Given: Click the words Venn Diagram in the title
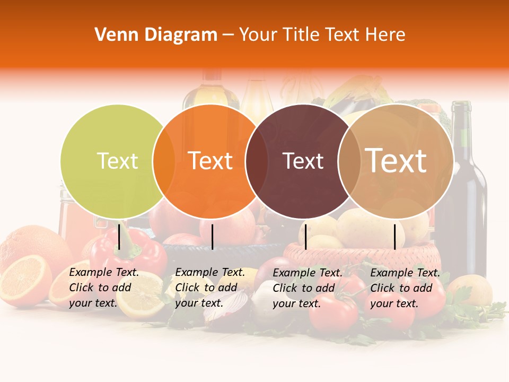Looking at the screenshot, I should pos(156,35).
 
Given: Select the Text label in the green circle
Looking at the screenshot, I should pos(117,161).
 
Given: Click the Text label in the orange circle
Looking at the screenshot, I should pos(210,161).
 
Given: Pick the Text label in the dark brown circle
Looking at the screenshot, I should pos(303,161).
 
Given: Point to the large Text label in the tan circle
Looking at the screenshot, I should pos(396,160).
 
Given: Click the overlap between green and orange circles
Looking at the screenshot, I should pos(164,161).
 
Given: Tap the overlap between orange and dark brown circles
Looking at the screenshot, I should pos(257,161).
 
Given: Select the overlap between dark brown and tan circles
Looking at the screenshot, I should pos(349,161).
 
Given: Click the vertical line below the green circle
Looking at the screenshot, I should pos(119,237).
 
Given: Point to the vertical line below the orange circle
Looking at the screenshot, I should pos(212,237).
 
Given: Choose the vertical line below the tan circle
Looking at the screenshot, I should pos(395,237).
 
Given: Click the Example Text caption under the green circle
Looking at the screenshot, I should pos(104,288).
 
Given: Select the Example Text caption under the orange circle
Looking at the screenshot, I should pos(210,288).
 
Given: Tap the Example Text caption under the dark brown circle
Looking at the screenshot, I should pos(308,288).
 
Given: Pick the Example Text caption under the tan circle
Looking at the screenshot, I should pos(405,288).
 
